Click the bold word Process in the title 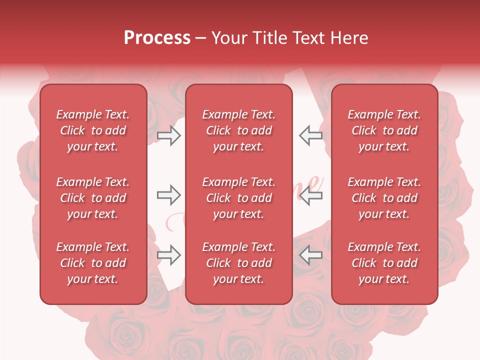pyautogui.click(x=157, y=38)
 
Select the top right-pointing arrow pyautogui.click(x=168, y=135)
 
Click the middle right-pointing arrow pyautogui.click(x=168, y=195)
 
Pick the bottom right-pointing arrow pyautogui.click(x=168, y=255)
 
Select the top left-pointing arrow pyautogui.click(x=311, y=135)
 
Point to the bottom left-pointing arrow pyautogui.click(x=311, y=255)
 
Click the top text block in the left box pyautogui.click(x=93, y=130)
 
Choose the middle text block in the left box pyautogui.click(x=93, y=198)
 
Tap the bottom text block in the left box pyautogui.click(x=93, y=263)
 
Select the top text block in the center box pyautogui.click(x=239, y=130)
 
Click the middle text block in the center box pyautogui.click(x=239, y=198)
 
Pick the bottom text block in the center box pyautogui.click(x=239, y=263)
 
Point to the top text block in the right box pyautogui.click(x=384, y=130)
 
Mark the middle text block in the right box pyautogui.click(x=384, y=198)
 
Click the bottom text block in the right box pyautogui.click(x=384, y=263)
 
